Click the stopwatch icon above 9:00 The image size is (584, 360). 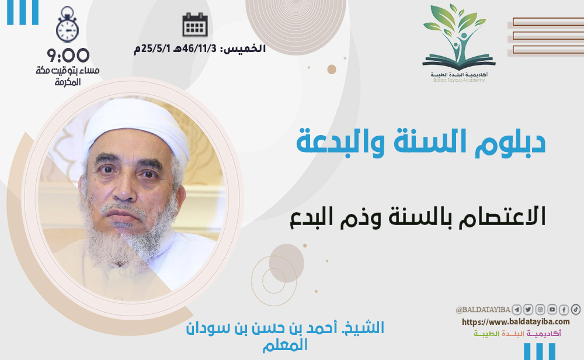tap(67, 25)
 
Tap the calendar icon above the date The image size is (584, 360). tap(195, 25)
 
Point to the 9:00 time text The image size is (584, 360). tap(68, 56)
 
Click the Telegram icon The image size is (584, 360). tap(517, 309)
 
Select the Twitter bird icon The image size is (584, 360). tap(528, 309)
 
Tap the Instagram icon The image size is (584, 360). tap(540, 309)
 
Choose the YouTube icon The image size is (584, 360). tap(552, 309)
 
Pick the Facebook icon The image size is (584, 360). tap(564, 309)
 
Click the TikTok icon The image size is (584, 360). tap(575, 309)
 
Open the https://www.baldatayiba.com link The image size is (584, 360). tap(516, 321)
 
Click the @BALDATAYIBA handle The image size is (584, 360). tap(483, 310)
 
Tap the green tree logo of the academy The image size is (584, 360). tap(458, 37)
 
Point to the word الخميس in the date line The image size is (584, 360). tap(246, 49)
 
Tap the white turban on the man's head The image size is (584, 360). tap(136, 127)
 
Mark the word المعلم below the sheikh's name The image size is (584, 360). tap(286, 345)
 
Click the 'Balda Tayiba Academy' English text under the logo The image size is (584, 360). tap(459, 79)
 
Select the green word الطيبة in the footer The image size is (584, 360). tap(486, 334)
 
